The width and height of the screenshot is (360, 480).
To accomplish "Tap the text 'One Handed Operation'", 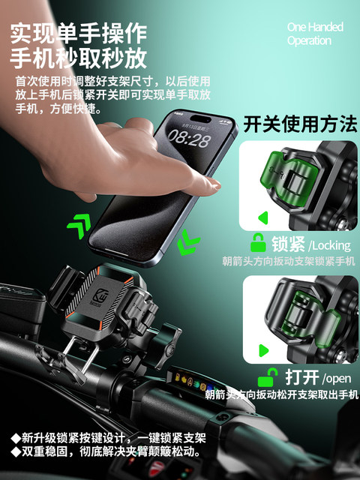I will [314, 34].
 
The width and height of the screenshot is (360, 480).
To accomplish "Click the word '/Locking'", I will [331, 244].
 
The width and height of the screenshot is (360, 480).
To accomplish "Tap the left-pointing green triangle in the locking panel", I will [263, 218].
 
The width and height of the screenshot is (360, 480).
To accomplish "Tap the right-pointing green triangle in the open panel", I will [264, 349].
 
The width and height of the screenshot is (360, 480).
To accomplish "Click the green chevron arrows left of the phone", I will [79, 224].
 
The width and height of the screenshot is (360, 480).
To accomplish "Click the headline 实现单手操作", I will [79, 32].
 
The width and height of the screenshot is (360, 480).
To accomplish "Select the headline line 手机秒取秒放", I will [79, 58].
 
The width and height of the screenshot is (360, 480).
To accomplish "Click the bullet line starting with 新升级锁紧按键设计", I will [109, 438].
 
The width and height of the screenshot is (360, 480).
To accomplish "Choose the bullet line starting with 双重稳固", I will [105, 452].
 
